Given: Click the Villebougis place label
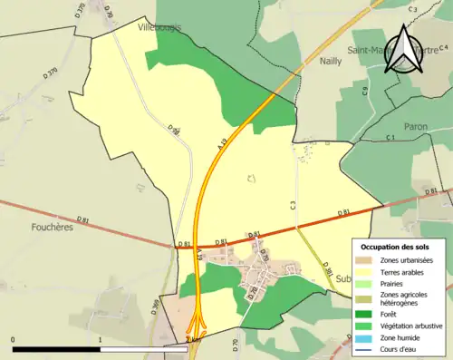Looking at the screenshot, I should coord(159,27).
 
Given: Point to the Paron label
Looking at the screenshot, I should coord(415,127).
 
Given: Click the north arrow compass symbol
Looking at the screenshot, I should coord(402,49).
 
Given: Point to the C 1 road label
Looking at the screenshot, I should coord(390,137).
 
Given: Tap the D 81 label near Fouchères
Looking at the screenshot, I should coord(83,219).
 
